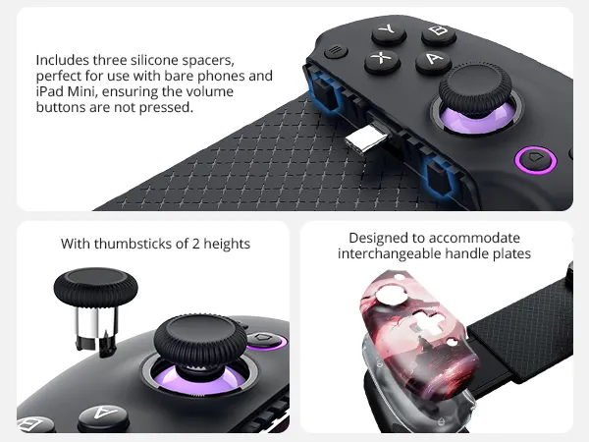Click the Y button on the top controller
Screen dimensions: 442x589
(389, 32)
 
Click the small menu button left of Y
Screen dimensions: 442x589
(338, 50)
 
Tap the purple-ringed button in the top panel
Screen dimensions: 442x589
(536, 157)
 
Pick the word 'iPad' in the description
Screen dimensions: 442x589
(50, 91)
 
